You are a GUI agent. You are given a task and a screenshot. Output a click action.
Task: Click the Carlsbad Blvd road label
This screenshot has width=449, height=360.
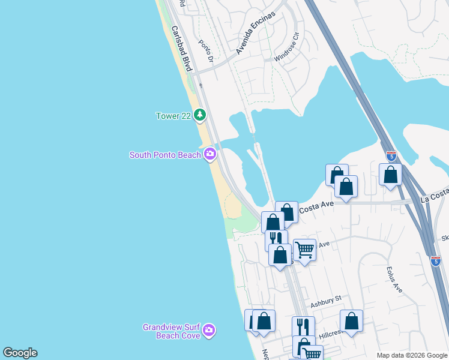181,49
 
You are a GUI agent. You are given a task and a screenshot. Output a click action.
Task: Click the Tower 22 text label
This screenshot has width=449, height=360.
173,116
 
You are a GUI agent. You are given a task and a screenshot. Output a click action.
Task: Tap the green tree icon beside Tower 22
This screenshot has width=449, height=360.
200,115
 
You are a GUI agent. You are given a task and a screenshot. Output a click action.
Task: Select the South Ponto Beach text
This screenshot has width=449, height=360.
165,155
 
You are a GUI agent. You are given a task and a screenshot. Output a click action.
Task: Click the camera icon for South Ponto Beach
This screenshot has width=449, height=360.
209,154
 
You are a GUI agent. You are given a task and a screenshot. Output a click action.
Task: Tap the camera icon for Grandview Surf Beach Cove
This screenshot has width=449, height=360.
208,330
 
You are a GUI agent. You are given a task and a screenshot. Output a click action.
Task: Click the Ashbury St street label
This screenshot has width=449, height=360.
330,298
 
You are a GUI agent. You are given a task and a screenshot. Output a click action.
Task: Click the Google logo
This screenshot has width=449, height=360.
20,353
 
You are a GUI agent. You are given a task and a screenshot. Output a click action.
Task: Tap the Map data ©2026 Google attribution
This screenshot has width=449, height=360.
411,355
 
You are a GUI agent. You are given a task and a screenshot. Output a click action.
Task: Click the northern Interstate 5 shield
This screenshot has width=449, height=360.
391,157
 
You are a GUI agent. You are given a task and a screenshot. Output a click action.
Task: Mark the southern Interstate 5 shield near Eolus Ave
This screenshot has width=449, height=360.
436,260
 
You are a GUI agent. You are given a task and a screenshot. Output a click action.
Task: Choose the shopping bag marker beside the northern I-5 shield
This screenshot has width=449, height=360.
390,175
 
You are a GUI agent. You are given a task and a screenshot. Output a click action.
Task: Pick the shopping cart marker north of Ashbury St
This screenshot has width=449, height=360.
304,249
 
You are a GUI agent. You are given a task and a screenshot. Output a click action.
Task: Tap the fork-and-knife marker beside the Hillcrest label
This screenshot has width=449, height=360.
303,327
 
